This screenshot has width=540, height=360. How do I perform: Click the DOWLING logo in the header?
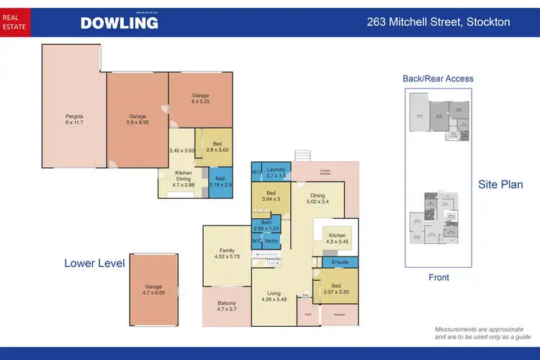pos(119,22)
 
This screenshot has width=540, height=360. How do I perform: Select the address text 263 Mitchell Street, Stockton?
pos(438,22)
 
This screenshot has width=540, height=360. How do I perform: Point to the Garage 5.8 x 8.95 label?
pos(138,120)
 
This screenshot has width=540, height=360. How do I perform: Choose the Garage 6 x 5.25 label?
pos(200,99)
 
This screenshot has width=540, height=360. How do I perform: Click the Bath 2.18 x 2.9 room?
pos(219,181)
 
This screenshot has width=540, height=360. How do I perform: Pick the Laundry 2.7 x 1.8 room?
pos(276,171)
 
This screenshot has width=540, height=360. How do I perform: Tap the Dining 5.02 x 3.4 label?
pos(318,198)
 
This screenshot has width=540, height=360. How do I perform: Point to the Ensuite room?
pos(340,263)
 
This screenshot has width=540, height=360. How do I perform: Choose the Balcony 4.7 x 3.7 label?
pos(227,307)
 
